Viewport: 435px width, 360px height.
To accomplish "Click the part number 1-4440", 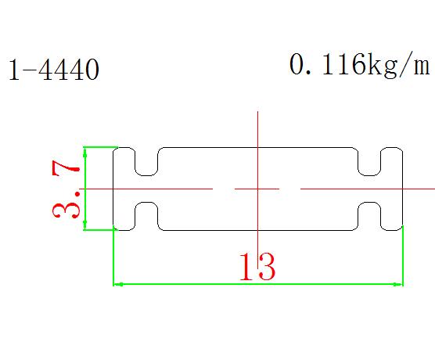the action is pos(54,70).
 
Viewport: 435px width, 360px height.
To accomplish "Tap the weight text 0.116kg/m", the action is pos(360,66).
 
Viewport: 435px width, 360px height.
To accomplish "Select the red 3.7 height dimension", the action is pos(66,190).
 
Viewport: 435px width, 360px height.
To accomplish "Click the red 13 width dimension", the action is pos(257,267).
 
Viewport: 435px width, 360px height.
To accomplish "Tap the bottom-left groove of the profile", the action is pos(146,216).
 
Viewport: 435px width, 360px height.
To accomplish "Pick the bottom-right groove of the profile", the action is pos(369,216).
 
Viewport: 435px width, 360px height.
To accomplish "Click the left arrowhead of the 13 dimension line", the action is pos(117,284).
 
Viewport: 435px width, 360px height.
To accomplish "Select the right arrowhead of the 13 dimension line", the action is pos(398,284).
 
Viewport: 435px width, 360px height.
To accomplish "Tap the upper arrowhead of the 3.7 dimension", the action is pos(85,152).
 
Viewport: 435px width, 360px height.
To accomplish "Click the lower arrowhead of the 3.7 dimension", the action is pos(85,225).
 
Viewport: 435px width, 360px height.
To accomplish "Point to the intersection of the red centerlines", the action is pos(257,189).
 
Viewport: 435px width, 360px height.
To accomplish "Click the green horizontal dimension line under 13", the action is pos(258,284).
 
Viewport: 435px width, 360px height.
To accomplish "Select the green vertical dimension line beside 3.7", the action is pos(85,189).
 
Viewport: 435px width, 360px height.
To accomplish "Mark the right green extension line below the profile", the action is pos(403,255).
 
